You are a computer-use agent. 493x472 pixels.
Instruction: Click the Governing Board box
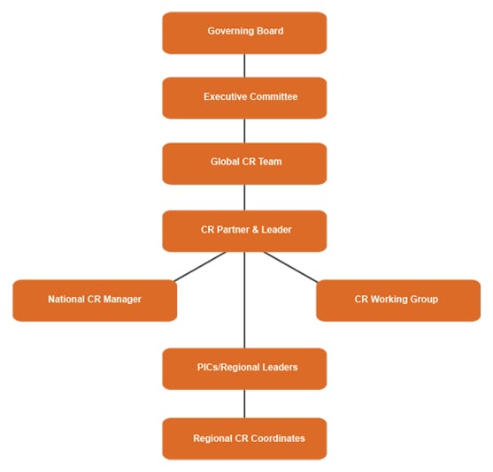(x=244, y=33)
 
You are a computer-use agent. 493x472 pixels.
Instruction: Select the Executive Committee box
(x=244, y=97)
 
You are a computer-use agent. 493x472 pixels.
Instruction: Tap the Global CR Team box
(x=244, y=163)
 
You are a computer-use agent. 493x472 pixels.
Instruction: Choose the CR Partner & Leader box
(x=244, y=231)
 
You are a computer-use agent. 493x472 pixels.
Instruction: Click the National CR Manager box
(x=95, y=300)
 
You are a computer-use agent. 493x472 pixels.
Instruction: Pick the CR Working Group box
(x=397, y=300)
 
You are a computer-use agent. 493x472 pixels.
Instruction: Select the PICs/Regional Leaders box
(x=244, y=368)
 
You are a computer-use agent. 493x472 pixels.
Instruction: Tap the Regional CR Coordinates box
(x=244, y=438)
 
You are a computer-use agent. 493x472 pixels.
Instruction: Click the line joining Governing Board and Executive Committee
(x=244, y=65)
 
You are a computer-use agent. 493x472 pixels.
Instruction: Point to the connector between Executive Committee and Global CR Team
(x=244, y=131)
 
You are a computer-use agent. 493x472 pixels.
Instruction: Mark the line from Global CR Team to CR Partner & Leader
(x=244, y=197)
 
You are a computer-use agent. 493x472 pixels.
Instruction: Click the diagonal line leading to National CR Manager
(x=200, y=266)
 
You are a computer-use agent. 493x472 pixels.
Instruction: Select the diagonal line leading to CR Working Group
(x=290, y=267)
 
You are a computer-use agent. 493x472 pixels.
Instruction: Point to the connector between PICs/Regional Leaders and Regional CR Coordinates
(x=244, y=403)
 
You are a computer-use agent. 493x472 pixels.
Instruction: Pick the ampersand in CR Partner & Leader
(x=257, y=231)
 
